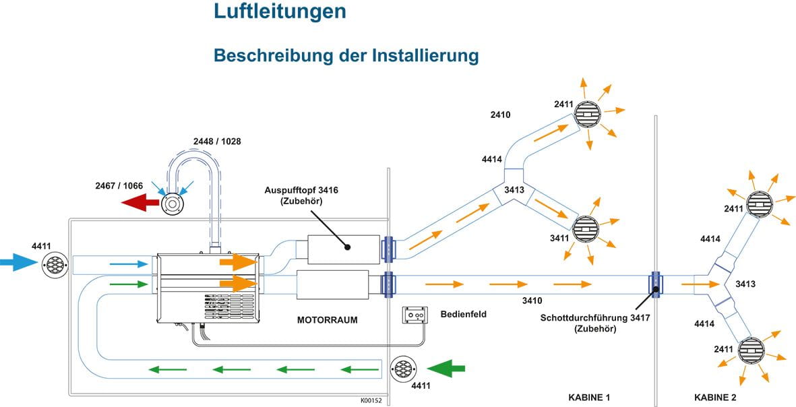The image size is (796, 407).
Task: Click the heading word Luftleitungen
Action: (x=280, y=11)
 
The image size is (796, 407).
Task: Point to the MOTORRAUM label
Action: (x=327, y=320)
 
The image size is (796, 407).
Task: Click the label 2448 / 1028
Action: (x=217, y=142)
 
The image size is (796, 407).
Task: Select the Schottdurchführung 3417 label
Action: (x=595, y=319)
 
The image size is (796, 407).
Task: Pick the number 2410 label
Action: (x=500, y=115)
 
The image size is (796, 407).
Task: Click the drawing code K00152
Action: (x=371, y=400)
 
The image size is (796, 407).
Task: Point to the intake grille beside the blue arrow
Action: (x=54, y=263)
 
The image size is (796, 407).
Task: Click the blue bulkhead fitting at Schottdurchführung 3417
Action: (x=655, y=284)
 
